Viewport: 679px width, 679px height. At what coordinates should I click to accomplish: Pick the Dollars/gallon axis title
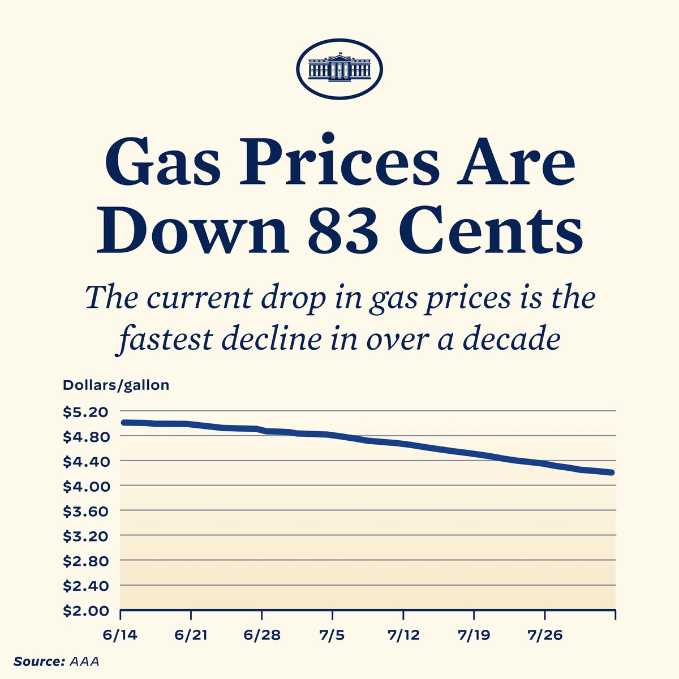[115, 385]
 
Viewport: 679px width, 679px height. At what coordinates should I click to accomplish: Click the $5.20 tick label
[84, 412]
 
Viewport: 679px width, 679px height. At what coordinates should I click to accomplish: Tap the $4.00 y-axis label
[84, 486]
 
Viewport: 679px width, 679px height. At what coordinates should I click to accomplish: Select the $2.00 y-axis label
[84, 611]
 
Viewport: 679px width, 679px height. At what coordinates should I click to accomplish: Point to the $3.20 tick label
[84, 536]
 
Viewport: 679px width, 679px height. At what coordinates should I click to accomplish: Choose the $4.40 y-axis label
[84, 461]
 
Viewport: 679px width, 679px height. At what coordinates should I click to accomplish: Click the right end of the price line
[612, 472]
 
